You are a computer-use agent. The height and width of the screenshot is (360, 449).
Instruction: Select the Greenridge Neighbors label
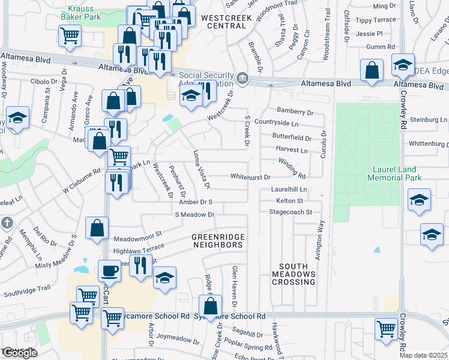(x=217, y=241)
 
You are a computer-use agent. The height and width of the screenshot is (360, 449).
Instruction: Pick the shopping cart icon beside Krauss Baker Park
(x=70, y=36)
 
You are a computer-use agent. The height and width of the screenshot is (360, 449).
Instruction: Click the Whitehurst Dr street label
(x=251, y=177)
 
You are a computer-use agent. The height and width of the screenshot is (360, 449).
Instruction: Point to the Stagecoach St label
(x=291, y=212)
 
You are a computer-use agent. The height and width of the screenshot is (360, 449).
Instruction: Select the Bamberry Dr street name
(x=295, y=112)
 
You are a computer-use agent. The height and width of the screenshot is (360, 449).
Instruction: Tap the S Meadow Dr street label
(x=194, y=214)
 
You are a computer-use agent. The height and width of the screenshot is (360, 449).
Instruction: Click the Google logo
(x=19, y=353)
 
